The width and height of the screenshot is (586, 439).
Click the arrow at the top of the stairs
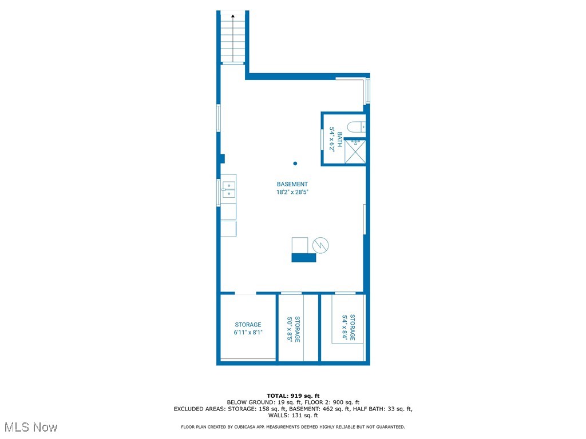pyautogui.click(x=233, y=17)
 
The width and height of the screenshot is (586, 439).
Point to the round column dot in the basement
pyautogui.click(x=295, y=163)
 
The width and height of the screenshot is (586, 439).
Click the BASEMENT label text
pyautogui.click(x=292, y=184)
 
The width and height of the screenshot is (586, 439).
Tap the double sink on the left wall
pyautogui.click(x=228, y=189)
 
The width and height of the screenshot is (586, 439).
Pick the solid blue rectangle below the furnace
pyautogui.click(x=304, y=258)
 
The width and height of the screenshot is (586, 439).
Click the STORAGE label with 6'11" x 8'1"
pyautogui.click(x=247, y=325)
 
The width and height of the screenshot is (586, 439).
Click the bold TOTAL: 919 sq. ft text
pyautogui.click(x=293, y=396)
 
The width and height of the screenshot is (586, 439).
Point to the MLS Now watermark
pyautogui.click(x=31, y=427)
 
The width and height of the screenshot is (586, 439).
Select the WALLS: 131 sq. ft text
pyautogui.click(x=293, y=416)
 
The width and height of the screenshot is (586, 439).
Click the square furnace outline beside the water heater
pyautogui.click(x=300, y=245)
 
